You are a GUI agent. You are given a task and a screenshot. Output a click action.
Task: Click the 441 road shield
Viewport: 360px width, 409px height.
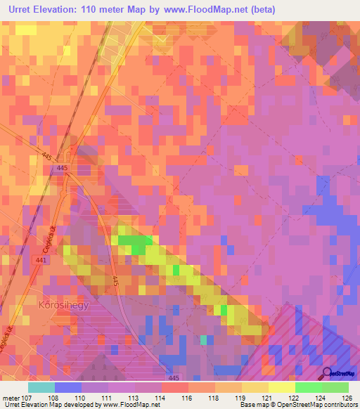(41, 260)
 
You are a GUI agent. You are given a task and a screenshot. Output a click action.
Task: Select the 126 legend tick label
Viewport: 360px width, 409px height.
(347, 397)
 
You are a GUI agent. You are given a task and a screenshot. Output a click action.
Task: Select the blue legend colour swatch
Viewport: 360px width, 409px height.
(67, 387)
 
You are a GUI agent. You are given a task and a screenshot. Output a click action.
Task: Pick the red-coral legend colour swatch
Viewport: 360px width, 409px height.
(174, 387)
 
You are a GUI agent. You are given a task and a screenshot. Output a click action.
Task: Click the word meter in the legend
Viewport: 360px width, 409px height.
(11, 397)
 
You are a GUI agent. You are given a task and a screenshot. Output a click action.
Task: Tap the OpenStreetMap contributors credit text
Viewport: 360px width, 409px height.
(317, 405)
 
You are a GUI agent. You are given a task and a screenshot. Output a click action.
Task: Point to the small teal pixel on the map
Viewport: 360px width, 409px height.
(204, 340)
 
